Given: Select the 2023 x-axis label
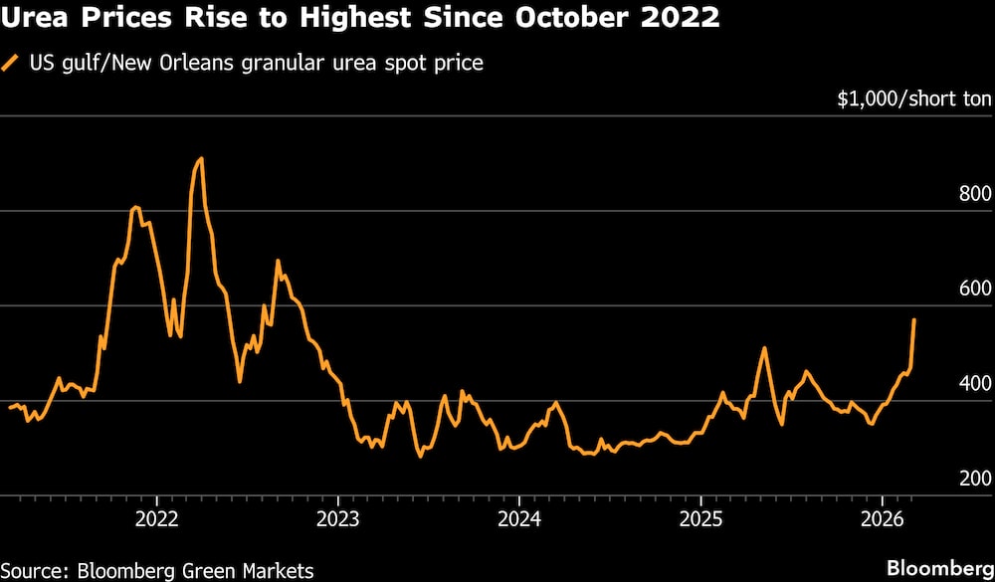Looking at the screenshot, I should tap(337, 518).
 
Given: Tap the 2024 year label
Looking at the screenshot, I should tap(518, 518).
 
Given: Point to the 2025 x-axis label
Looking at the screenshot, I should tap(700, 518).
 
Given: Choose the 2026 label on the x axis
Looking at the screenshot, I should tap(882, 518).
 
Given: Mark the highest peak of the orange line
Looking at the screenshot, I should tap(201, 158).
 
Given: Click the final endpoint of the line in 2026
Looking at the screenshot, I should tap(914, 320).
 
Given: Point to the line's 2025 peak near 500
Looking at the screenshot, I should tap(764, 348).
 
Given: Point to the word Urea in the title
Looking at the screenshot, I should tap(33, 18).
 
